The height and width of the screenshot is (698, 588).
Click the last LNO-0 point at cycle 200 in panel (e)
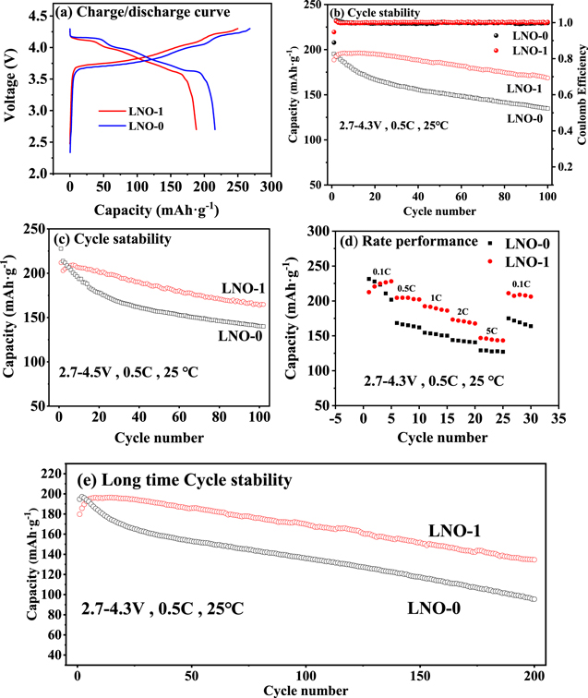coord(533,598)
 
